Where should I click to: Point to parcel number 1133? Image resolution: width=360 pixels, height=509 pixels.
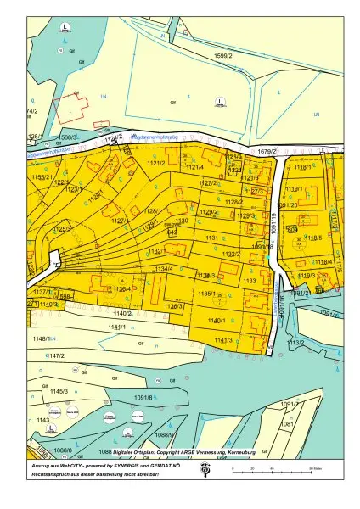(x=250, y=281)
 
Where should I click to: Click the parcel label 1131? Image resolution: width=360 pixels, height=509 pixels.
(x=212, y=238)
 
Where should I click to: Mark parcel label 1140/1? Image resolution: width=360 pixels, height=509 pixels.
(x=217, y=321)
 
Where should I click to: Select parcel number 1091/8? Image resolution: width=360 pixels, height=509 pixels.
(x=142, y=397)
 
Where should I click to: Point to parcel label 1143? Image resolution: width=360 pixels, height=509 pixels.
(x=43, y=419)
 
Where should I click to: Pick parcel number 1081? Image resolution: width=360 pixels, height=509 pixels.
(x=287, y=423)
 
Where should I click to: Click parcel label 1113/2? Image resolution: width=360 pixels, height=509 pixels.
(x=295, y=343)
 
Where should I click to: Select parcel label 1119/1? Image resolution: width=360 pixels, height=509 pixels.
(x=294, y=188)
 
